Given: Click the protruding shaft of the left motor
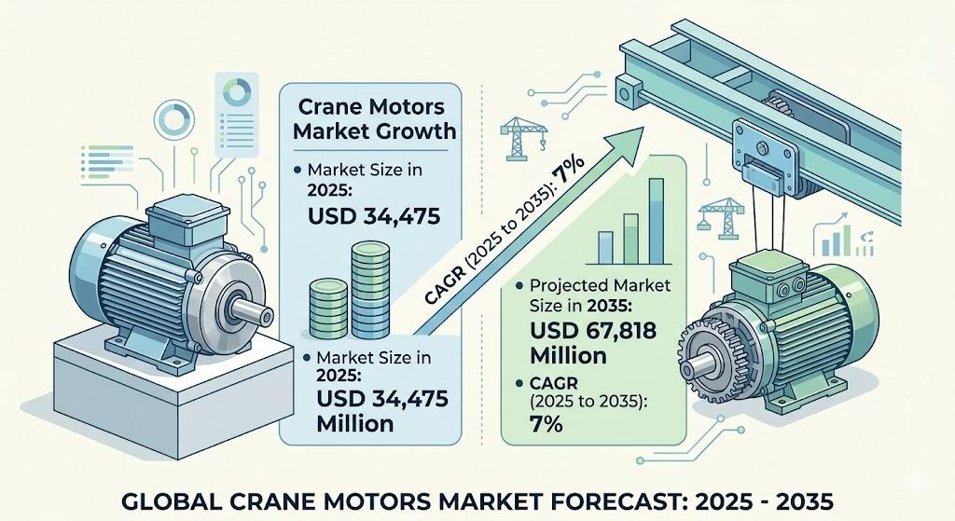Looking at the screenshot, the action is click(x=253, y=311).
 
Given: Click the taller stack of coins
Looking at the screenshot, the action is click(x=370, y=290).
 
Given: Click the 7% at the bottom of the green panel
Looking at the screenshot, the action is click(x=546, y=424).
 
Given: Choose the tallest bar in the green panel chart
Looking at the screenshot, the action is click(x=656, y=221).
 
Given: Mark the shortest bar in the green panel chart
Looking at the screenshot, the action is click(x=605, y=248).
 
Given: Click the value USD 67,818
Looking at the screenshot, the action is click(x=593, y=331).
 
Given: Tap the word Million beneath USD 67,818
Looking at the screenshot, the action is click(x=568, y=355).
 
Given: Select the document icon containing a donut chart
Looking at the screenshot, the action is click(x=237, y=115).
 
